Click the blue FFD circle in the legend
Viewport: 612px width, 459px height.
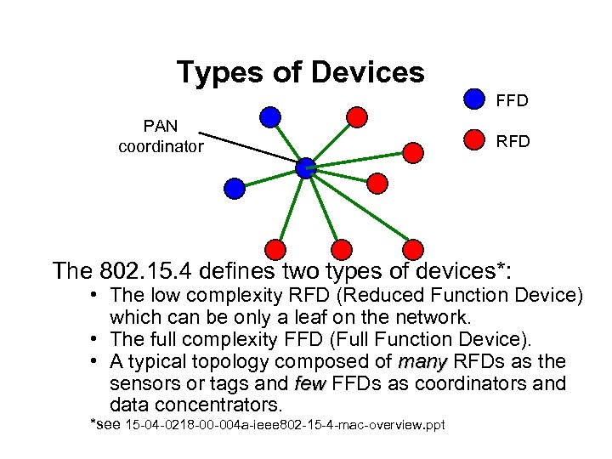(474, 99)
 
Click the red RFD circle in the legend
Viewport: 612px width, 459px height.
(474, 140)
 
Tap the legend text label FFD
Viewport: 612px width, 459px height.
(513, 101)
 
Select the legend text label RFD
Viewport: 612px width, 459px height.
(513, 141)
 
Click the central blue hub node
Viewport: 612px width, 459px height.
(306, 167)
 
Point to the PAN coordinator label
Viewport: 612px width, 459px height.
(161, 136)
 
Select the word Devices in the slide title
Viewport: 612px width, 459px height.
(367, 72)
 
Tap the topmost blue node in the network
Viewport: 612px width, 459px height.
(270, 116)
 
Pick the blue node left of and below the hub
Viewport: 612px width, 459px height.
(234, 187)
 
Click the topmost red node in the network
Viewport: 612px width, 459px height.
(358, 116)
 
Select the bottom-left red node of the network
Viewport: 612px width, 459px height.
(275, 249)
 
